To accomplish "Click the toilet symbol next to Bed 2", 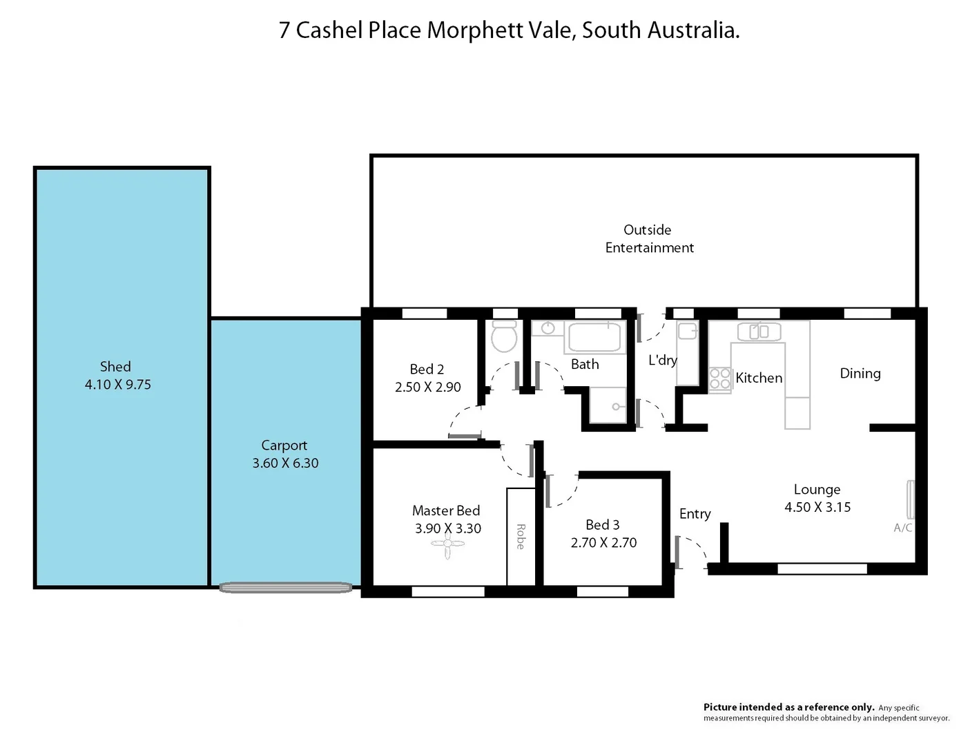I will click(x=505, y=336).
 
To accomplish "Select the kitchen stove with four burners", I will click(x=720, y=379).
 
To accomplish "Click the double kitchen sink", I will click(x=759, y=332).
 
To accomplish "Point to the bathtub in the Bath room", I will click(x=594, y=337).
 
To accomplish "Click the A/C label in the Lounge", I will click(x=902, y=528).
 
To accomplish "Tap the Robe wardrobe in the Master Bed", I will click(x=521, y=536).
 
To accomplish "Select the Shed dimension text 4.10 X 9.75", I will click(x=117, y=385).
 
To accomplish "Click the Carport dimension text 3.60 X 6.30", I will click(x=285, y=463).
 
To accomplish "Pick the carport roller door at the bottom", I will click(x=285, y=588).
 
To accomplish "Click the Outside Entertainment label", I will click(x=648, y=239).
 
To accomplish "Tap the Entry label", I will click(x=695, y=514).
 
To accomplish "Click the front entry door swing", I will click(x=692, y=551).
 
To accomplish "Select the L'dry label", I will click(x=662, y=360).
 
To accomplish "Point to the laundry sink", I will click(x=687, y=332).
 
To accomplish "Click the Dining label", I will click(x=860, y=374).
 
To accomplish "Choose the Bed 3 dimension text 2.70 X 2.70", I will click(x=603, y=543).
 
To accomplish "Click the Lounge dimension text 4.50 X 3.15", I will click(x=817, y=507).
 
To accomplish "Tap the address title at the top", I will click(x=509, y=30).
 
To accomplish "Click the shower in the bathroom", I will click(x=608, y=405).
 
